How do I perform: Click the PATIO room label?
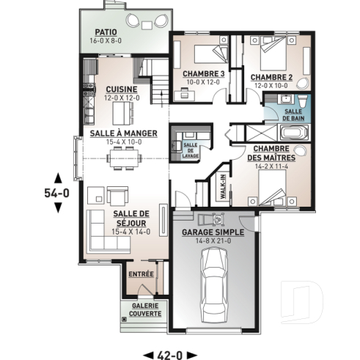tap(107, 33)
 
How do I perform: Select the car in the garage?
tap(215, 282)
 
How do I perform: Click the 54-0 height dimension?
tap(58, 194)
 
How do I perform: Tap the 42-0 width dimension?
tap(169, 354)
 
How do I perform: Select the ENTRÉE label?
tap(141, 274)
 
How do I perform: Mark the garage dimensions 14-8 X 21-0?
tap(214, 241)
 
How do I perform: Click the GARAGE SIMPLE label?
tap(214, 233)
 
